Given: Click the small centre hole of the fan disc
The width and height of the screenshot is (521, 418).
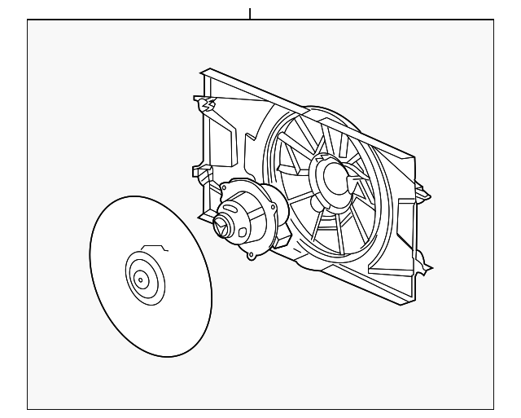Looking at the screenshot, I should (x=140, y=280).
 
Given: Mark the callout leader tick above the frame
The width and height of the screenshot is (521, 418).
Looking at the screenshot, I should (x=250, y=13).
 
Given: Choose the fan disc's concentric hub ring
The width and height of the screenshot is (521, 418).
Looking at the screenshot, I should (x=144, y=279).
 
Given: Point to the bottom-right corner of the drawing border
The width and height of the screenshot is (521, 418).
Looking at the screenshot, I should (x=493, y=408).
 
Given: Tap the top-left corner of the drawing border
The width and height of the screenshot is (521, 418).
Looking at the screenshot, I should (x=28, y=20).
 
